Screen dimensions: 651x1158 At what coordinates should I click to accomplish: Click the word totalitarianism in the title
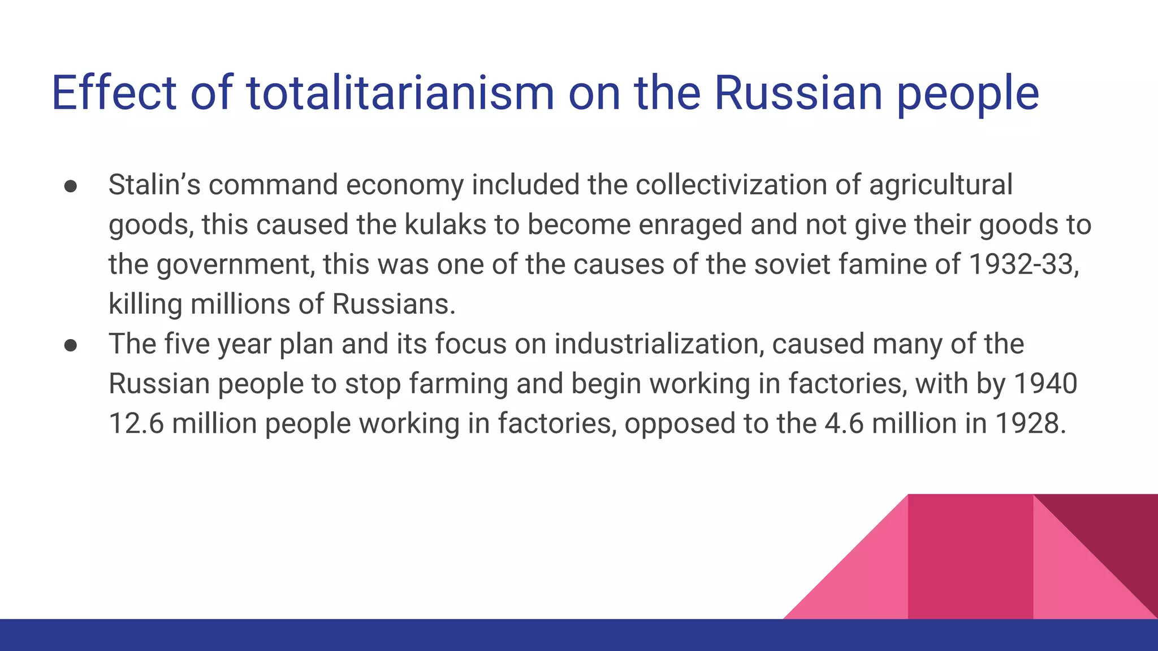click(400, 93)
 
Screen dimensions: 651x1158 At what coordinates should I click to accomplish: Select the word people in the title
click(967, 94)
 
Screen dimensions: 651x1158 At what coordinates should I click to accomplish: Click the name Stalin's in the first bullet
click(154, 185)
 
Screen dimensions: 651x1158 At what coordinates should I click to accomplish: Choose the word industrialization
click(659, 344)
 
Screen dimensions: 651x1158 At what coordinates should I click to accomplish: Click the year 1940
click(1045, 384)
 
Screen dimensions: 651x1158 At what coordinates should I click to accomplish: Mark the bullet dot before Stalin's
click(71, 186)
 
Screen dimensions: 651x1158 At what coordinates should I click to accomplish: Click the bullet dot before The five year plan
click(71, 345)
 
